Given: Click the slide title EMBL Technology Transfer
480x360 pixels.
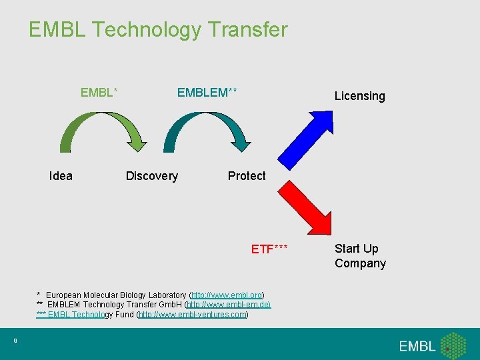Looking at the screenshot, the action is [158, 30].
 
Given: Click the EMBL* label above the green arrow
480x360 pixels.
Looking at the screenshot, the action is [99, 93].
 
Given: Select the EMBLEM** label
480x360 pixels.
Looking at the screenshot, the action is [207, 93].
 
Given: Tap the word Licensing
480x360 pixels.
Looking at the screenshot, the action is [359, 96].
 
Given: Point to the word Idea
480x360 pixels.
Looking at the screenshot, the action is [61, 176].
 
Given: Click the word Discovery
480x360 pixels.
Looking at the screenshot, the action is [152, 176].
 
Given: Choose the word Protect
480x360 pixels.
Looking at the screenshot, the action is [247, 176].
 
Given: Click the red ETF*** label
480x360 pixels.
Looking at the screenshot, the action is [269, 249].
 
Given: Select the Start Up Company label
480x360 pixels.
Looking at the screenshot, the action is [360, 256].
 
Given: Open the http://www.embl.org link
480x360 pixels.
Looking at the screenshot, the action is [227, 295].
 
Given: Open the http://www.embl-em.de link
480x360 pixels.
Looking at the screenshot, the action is [228, 305].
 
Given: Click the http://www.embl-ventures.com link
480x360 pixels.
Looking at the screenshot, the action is [193, 314].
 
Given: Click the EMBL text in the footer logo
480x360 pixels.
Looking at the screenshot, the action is [417, 346].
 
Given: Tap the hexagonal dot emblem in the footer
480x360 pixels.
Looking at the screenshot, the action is [454, 345].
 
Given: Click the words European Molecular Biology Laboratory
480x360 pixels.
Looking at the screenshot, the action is [117, 295].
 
